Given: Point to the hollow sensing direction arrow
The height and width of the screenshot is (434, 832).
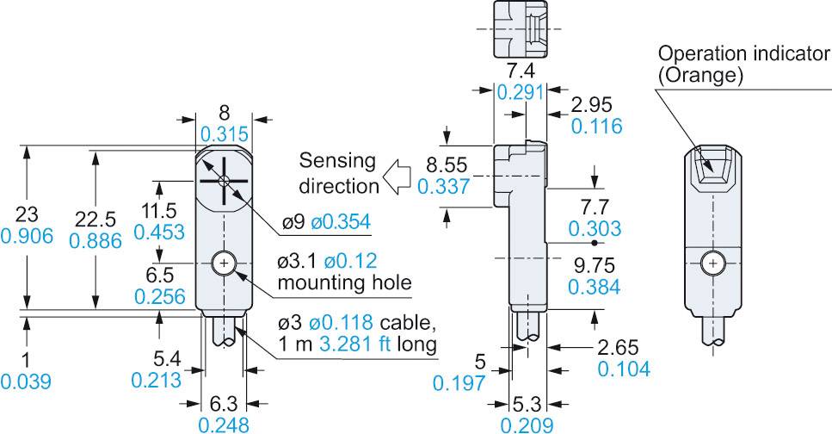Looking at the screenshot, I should point(398,177).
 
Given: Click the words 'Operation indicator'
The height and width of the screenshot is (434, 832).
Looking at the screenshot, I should point(744,55).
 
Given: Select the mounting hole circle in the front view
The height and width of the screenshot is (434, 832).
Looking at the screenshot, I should point(224,261).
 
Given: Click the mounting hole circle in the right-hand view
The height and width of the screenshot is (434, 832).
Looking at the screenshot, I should point(712,262).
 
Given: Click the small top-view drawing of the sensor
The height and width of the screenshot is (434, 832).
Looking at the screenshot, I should point(520,28).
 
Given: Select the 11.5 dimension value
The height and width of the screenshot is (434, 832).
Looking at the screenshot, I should point(159,211).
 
